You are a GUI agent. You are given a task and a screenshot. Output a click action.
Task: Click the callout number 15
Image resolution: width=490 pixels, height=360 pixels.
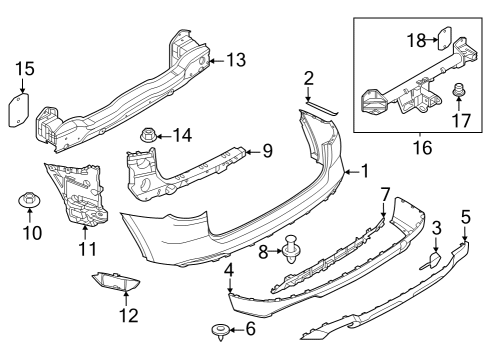pyautogui.click(x=25, y=69)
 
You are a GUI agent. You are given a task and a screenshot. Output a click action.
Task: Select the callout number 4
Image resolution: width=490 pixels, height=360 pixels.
pyautogui.click(x=229, y=270)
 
